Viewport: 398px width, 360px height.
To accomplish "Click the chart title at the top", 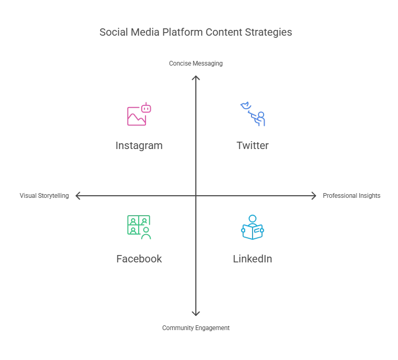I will (195, 33).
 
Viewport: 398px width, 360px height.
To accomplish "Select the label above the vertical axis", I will (195, 63).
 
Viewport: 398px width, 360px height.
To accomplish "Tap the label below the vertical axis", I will (195, 327).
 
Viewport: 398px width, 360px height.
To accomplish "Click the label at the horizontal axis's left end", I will (44, 196).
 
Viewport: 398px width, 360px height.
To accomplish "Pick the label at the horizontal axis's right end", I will (350, 197).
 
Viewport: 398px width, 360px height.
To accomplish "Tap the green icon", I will (139, 226).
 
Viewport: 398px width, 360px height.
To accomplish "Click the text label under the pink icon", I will (139, 145).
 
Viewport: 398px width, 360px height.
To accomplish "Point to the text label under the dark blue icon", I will (252, 145).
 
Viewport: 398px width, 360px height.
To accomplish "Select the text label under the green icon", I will (139, 259).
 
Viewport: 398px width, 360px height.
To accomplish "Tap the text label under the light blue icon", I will (252, 259).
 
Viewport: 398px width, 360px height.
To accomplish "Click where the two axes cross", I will (195, 196).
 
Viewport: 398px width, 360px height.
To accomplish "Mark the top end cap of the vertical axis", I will (195, 80).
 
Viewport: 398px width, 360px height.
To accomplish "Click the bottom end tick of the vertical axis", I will (195, 314).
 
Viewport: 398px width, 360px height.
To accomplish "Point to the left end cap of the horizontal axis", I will (79, 196).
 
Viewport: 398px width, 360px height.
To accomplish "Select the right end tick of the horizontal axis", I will (313, 196).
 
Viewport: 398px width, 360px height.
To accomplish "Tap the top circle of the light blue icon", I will (253, 217).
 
